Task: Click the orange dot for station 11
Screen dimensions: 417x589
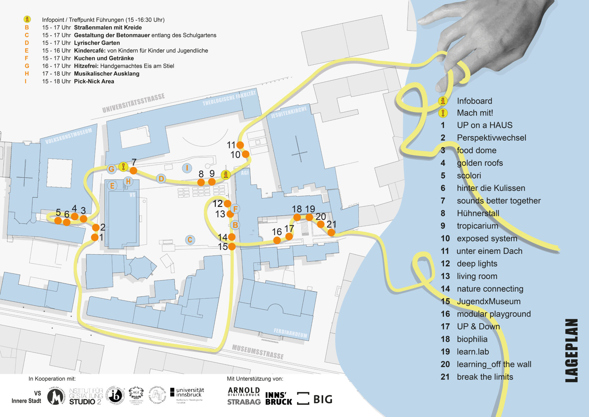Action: point(240,145)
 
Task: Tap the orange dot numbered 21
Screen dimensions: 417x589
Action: point(331,233)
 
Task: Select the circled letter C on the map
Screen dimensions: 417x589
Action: point(190,240)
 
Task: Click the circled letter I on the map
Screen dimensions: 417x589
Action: point(187,168)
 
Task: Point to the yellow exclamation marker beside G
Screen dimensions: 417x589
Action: point(123,166)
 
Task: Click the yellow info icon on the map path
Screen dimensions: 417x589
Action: point(226,175)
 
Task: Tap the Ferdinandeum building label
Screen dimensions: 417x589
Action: point(290,333)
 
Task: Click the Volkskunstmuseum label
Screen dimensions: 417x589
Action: point(69,136)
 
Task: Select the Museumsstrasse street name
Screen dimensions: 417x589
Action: point(258,352)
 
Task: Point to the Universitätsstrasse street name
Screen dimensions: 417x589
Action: point(133,103)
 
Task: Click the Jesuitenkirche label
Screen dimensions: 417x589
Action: point(289,112)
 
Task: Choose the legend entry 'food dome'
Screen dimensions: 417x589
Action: point(477,150)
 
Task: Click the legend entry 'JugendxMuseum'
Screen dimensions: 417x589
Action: point(489,301)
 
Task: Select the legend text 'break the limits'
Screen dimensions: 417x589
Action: point(485,377)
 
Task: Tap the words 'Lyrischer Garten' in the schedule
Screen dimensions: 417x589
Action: point(97,43)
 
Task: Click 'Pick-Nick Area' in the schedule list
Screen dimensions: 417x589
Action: point(94,81)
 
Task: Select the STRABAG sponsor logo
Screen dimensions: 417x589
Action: point(244,402)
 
